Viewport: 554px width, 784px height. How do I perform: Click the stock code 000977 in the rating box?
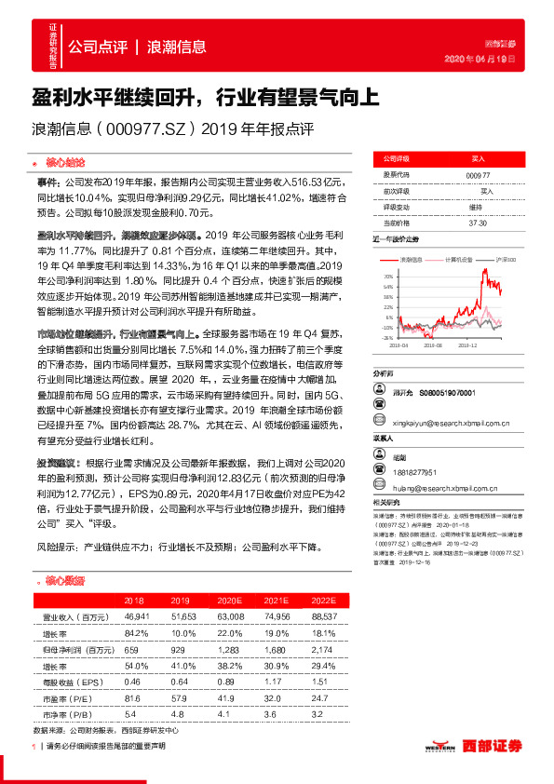pos(478,174)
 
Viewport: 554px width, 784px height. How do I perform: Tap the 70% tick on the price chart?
pos(385,277)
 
